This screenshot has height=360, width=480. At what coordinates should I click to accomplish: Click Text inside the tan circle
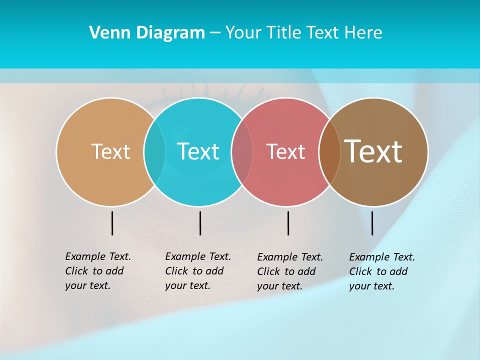point(110,151)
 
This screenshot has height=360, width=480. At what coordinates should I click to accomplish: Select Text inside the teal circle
point(198,151)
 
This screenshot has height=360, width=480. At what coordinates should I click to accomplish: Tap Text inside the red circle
point(286,151)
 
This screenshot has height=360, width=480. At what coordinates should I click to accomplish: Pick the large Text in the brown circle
point(373,151)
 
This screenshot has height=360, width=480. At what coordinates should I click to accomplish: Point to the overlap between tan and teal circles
point(154,151)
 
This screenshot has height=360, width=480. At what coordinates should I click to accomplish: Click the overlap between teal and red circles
point(242,151)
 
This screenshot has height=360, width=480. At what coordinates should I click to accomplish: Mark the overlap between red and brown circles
point(329,151)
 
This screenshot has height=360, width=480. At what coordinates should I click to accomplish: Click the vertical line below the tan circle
point(112,223)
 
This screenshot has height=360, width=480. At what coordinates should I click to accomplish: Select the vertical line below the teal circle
point(200,223)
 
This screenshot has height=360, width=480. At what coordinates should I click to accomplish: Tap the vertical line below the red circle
point(288,223)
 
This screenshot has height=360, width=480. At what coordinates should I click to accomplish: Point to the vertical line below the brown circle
point(372,223)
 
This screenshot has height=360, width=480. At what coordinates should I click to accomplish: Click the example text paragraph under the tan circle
point(98,271)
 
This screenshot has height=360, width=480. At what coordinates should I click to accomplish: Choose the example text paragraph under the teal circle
point(198,271)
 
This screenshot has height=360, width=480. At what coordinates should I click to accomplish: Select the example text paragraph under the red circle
point(290,271)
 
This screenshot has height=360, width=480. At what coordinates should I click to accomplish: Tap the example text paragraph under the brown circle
point(382,271)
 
